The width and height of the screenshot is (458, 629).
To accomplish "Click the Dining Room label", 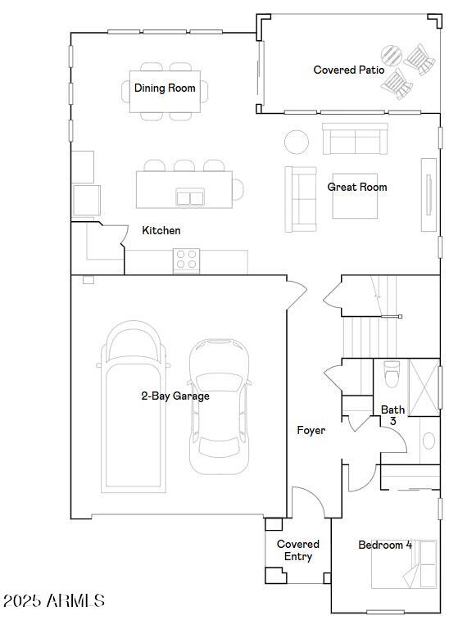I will click(x=165, y=88).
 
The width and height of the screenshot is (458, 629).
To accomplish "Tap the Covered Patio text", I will click(x=349, y=70).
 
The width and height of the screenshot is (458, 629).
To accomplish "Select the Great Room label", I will click(x=357, y=187).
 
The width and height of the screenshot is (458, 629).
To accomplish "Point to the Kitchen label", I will click(x=161, y=230).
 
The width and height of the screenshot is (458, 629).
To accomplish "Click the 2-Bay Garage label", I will click(x=175, y=396).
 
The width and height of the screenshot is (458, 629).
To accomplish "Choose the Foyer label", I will click(x=311, y=430).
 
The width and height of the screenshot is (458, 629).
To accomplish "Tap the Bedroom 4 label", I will click(x=385, y=545).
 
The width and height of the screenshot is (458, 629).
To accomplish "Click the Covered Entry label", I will click(x=298, y=550).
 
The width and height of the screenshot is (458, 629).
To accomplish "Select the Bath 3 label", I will click(x=392, y=415).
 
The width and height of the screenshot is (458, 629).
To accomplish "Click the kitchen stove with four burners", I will click(x=186, y=260).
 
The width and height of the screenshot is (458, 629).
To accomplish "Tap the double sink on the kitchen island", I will click(x=190, y=197).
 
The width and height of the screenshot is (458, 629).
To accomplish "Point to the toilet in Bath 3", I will click(x=392, y=374).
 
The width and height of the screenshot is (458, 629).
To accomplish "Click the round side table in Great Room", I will click(x=297, y=142).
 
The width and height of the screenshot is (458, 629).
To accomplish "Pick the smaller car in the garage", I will click(x=219, y=406).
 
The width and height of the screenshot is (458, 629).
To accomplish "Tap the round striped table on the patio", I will click(x=392, y=56).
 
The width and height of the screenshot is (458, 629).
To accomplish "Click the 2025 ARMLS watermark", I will click(x=54, y=601).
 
